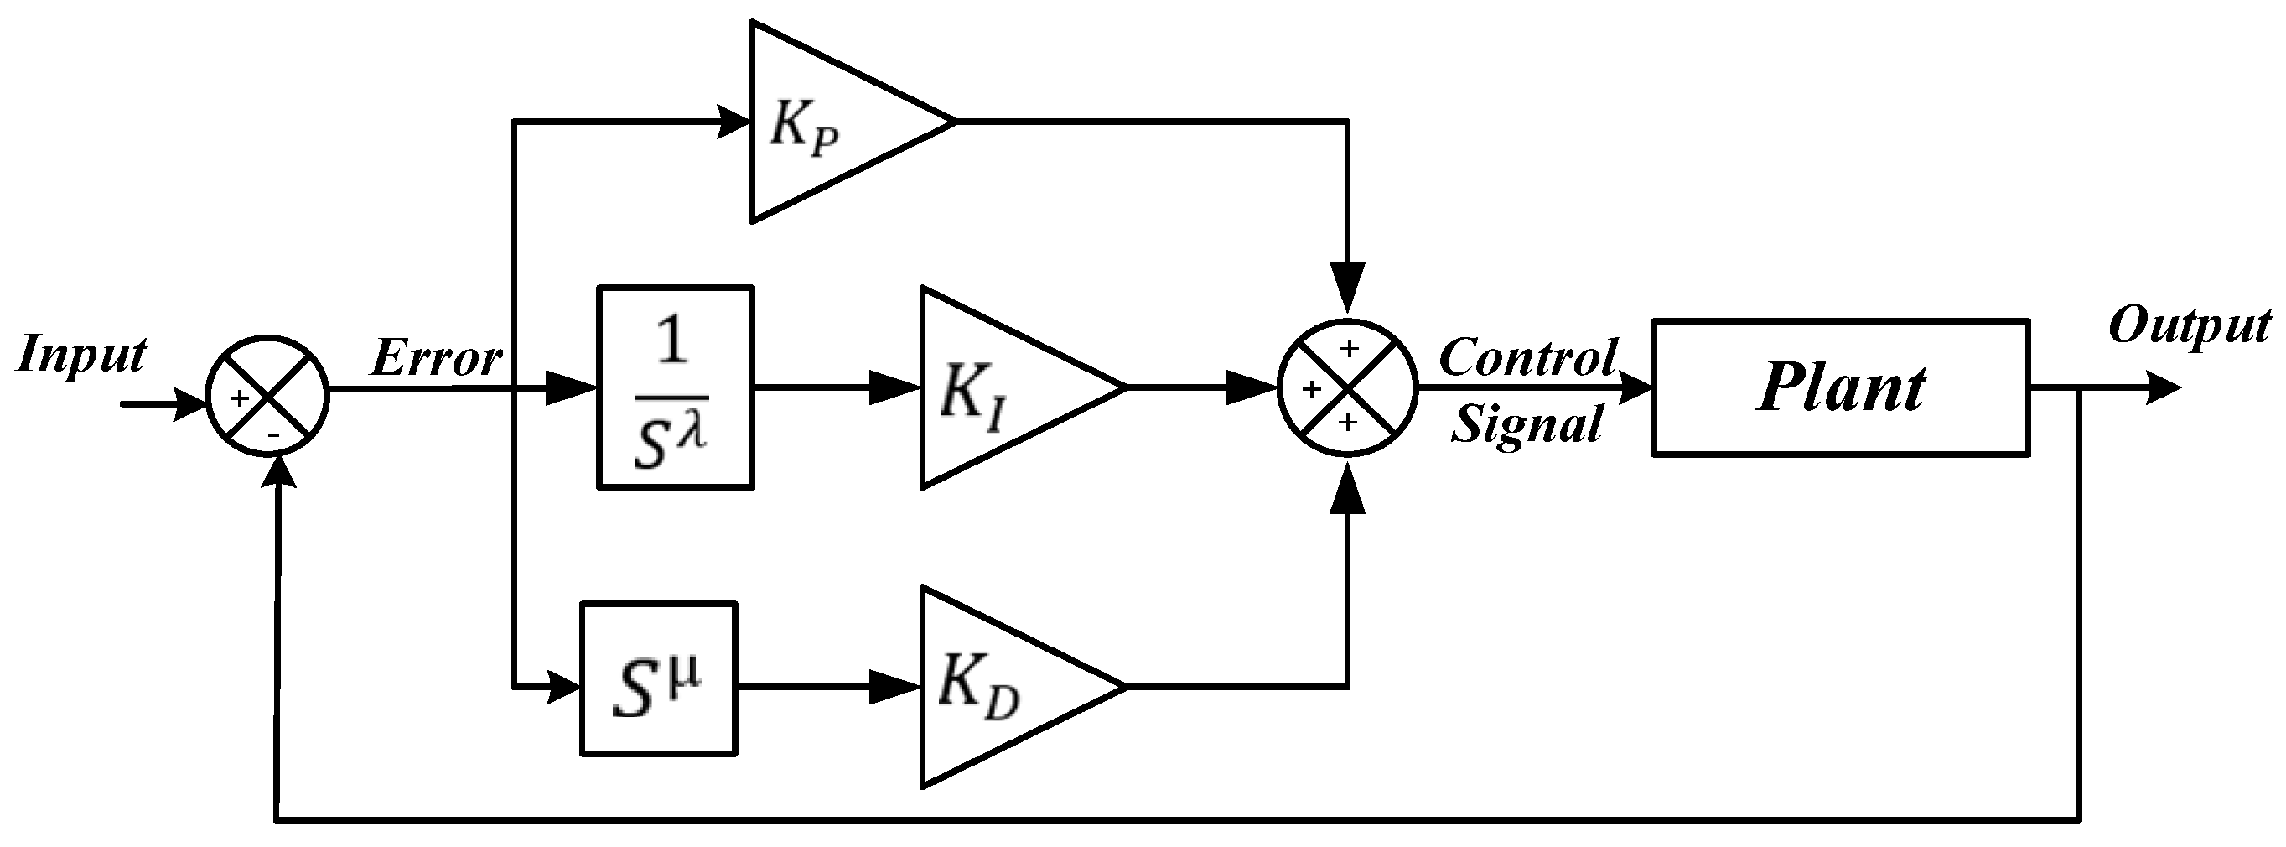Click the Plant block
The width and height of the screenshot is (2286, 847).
tap(1840, 388)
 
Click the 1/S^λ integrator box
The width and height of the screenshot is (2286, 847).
tap(676, 387)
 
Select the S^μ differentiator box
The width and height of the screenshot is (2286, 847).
tap(658, 679)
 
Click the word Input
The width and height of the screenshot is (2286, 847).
tap(81, 355)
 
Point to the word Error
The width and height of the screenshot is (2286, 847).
tap(436, 360)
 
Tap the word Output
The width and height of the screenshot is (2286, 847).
tap(2189, 327)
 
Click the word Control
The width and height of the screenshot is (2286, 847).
tap(1528, 358)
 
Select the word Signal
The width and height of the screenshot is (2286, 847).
tap(1527, 423)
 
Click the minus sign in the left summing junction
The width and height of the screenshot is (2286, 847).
tap(274, 435)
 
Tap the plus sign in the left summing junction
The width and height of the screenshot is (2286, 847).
tap(239, 398)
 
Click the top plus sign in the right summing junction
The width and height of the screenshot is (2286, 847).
tap(1349, 348)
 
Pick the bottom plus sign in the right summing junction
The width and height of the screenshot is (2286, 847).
tap(1348, 423)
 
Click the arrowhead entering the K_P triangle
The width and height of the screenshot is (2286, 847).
tap(735, 122)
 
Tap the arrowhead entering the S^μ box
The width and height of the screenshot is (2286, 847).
tap(563, 686)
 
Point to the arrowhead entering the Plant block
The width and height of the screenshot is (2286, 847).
tap(1635, 388)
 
